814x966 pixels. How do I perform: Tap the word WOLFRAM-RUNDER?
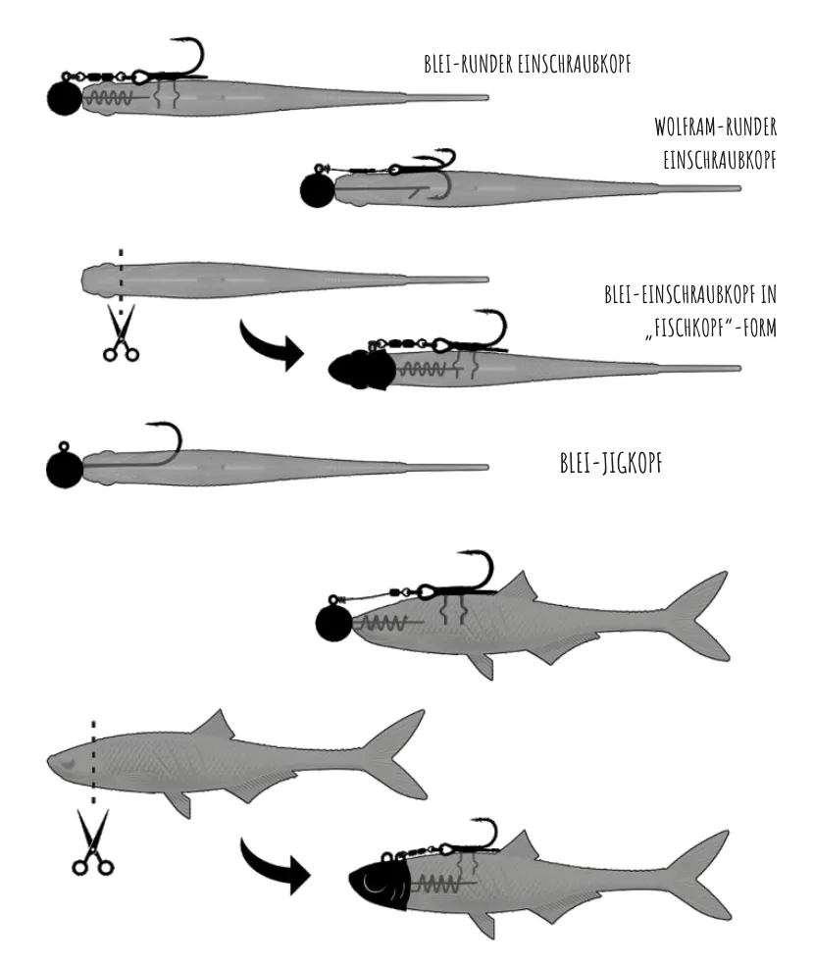tap(715, 127)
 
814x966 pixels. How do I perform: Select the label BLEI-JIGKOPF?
tap(611, 463)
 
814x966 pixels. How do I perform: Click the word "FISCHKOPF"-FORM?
tap(711, 328)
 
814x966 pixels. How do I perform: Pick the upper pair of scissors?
tap(121, 332)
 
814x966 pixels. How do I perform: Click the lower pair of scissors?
tap(93, 842)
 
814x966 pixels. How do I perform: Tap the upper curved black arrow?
tap(271, 345)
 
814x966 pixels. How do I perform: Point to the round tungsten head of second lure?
tap(318, 189)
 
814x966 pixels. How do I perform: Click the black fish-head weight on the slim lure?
tap(362, 370)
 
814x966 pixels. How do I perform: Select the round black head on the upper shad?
tap(333, 624)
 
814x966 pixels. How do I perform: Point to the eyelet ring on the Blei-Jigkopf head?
tap(64, 446)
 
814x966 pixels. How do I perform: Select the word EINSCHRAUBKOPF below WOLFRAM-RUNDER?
tap(720, 160)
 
